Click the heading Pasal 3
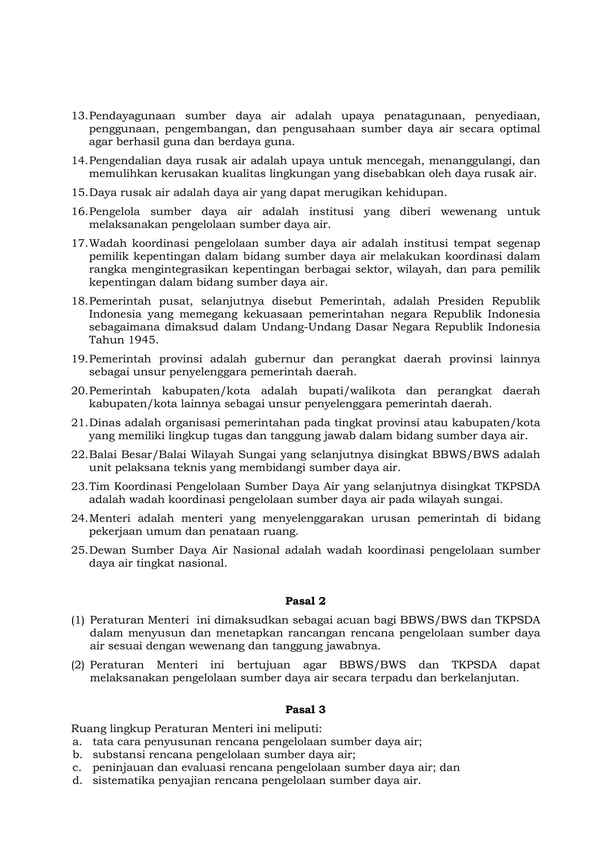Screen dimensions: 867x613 305,710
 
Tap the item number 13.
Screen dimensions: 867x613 79,116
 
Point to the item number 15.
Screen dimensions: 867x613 79,193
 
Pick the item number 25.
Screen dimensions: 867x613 79,550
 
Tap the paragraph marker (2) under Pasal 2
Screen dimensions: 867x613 78,665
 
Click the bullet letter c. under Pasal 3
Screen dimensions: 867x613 77,768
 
